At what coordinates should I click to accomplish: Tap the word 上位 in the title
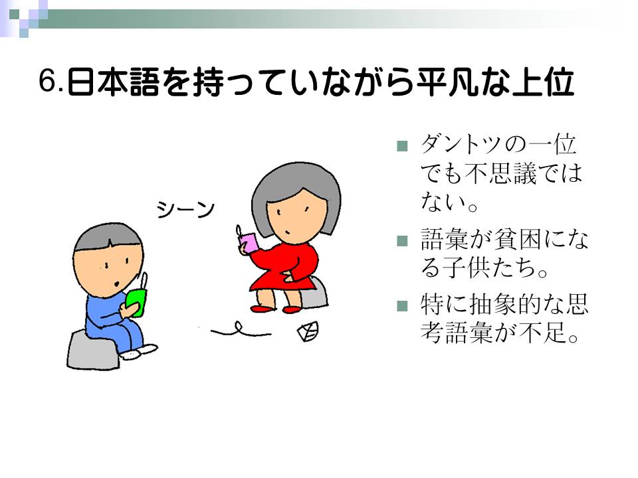543,82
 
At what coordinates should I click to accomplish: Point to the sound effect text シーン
185,210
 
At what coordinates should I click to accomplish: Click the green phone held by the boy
136,302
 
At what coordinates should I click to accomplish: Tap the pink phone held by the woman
249,243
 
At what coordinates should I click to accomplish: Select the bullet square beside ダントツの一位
402,146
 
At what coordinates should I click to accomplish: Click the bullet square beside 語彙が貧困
402,241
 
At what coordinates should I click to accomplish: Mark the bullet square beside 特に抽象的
402,305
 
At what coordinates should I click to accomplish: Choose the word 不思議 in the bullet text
501,173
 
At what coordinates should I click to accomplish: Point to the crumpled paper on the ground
308,331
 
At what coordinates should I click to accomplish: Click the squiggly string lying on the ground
241,330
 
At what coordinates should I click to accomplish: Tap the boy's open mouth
117,283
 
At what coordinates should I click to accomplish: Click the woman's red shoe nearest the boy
263,309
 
